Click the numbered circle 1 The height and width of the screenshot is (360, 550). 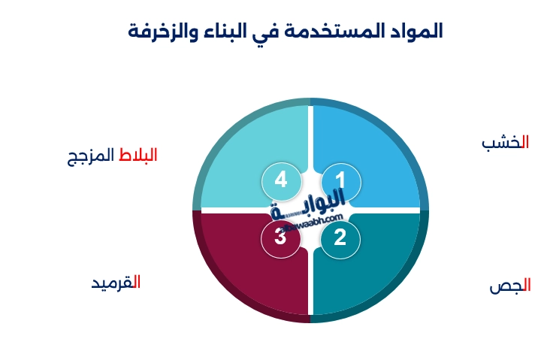340,181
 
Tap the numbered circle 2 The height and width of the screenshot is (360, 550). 340,238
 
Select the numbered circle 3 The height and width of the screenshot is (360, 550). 280,238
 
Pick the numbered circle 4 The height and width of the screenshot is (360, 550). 281,181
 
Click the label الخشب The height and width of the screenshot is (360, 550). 505,143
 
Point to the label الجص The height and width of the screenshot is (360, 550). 510,286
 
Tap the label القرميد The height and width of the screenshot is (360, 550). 116,283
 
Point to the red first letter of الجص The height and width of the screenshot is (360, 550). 527,286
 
